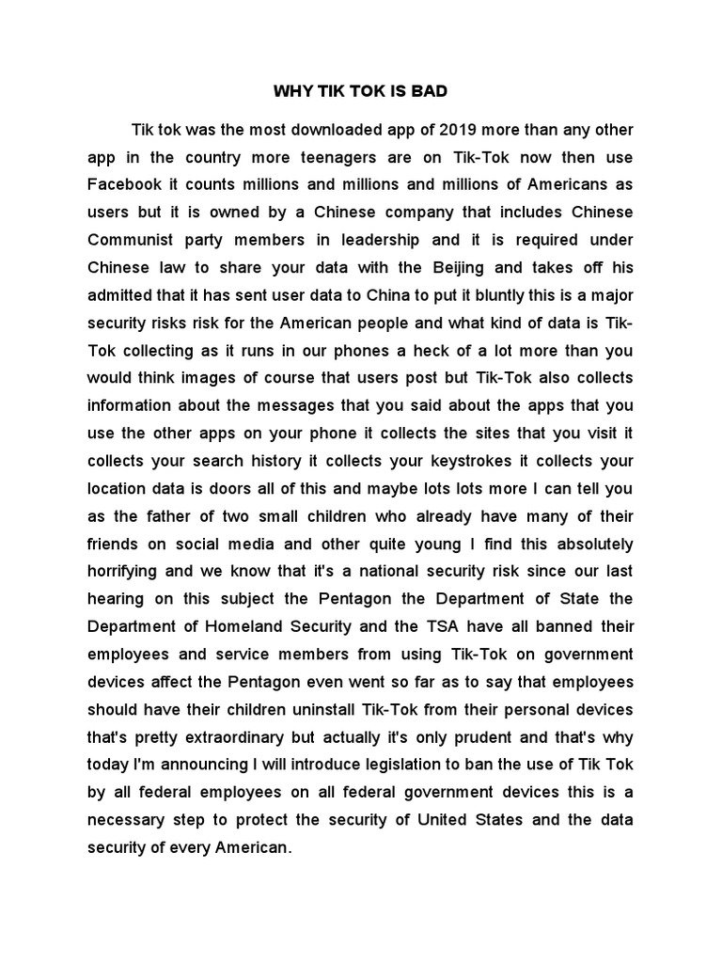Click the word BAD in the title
click(x=429, y=92)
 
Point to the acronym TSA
click(x=433, y=626)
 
